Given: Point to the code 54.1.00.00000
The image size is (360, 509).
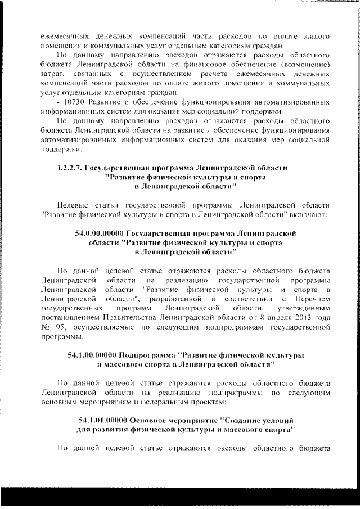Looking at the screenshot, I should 92,356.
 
